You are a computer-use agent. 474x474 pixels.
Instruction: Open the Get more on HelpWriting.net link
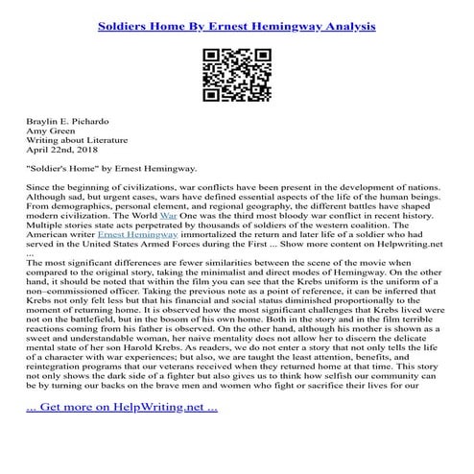pos(122,434)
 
